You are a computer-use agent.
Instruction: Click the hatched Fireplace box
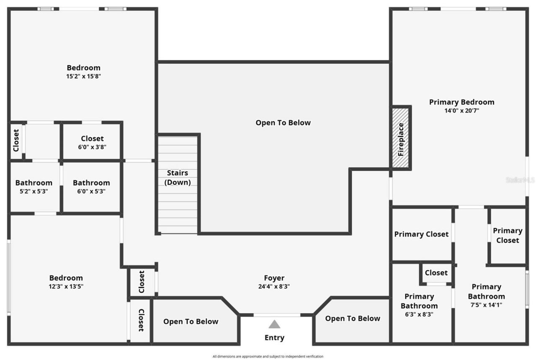tap(401, 139)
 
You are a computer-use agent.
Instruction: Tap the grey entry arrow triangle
tap(274, 324)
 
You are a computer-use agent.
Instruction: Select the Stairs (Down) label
tap(178, 177)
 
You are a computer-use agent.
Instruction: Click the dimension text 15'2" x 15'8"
tap(84, 77)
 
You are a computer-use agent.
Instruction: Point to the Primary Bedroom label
tap(461, 102)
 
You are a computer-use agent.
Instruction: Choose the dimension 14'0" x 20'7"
tap(461, 111)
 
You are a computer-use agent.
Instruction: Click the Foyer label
tap(274, 278)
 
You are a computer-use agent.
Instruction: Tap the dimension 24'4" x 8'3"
tap(274, 287)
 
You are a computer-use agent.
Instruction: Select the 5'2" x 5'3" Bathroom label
tap(34, 183)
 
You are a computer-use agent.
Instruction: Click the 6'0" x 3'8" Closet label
tap(92, 139)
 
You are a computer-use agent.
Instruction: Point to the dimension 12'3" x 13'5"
tap(66, 287)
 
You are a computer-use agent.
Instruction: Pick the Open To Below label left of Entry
tap(191, 321)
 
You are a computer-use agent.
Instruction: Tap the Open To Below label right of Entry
tap(353, 319)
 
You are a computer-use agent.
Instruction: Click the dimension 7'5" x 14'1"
tap(486, 305)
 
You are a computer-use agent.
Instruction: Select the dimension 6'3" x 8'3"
tap(419, 314)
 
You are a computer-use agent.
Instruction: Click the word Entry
tap(274, 338)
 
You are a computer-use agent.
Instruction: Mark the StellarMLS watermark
tap(520, 180)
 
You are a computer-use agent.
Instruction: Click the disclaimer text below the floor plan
tap(268, 356)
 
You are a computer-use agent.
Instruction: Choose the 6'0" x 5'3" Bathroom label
tap(91, 183)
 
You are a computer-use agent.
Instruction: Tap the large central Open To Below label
tap(283, 123)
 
